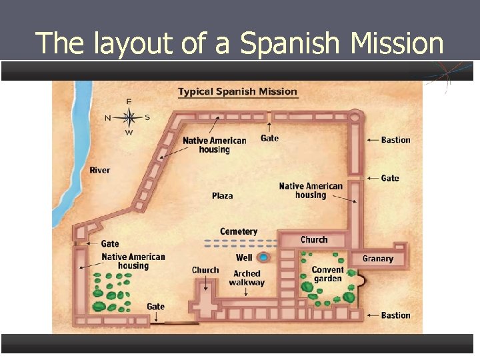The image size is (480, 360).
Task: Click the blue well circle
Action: [x=263, y=257]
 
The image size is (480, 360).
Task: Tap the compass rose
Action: [x=129, y=117]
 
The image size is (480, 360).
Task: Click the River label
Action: [x=100, y=170]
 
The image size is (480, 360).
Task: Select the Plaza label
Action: [x=223, y=195]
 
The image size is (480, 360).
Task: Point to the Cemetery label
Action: [x=239, y=231]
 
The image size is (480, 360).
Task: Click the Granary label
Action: [x=378, y=259]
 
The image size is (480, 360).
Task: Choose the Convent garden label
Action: [x=327, y=274]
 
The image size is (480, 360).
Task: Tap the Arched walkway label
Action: [x=247, y=278]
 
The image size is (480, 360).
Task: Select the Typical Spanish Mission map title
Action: [x=237, y=92]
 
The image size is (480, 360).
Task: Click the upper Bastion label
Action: [x=396, y=140]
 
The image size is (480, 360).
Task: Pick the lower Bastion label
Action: [x=396, y=315]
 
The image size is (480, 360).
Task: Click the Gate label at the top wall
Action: [x=269, y=138]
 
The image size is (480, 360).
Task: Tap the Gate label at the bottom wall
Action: [x=155, y=307]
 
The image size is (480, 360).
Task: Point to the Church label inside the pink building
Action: [x=314, y=239]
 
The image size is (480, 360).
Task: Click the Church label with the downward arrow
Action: [x=205, y=270]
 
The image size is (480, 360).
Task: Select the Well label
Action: [x=244, y=257]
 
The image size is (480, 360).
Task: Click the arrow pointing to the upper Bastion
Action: [x=372, y=140]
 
